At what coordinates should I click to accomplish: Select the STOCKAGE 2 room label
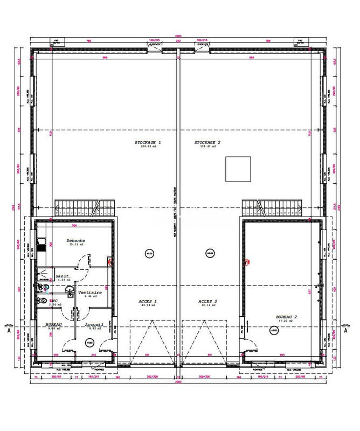(x=208, y=143)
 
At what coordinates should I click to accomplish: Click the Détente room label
(x=77, y=241)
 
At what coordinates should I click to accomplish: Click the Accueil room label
(x=94, y=325)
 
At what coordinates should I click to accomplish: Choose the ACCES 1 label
(x=148, y=302)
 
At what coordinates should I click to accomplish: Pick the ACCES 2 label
(x=207, y=302)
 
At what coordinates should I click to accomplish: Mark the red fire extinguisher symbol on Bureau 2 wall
(x=247, y=262)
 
